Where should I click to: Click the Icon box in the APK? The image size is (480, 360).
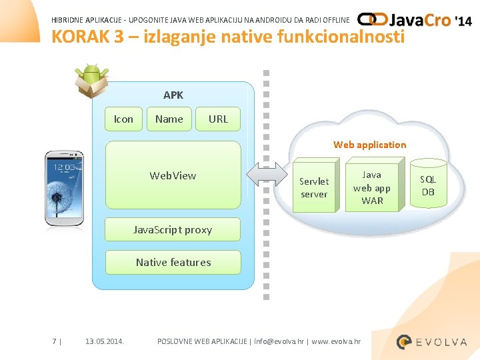click(x=123, y=119)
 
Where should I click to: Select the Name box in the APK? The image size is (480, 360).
click(x=169, y=119)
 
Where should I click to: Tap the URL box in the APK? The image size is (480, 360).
click(x=218, y=119)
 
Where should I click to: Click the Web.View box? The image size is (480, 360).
click(x=173, y=175)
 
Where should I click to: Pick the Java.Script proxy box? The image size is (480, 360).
click(x=173, y=229)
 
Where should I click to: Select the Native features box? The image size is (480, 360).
click(x=173, y=262)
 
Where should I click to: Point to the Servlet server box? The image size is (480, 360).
click(x=313, y=188)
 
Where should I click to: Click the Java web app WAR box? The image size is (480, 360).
click(x=372, y=188)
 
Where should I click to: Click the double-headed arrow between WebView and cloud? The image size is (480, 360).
click(x=265, y=175)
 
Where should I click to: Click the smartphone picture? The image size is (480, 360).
click(x=64, y=189)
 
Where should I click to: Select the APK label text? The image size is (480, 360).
click(x=173, y=95)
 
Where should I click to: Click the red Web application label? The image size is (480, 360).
click(x=369, y=145)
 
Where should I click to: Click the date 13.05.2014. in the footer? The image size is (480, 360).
click(x=105, y=341)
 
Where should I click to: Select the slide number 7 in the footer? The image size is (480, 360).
click(x=54, y=341)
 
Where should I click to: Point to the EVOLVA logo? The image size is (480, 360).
click(x=431, y=342)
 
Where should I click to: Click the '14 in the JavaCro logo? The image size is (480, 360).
click(x=463, y=21)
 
